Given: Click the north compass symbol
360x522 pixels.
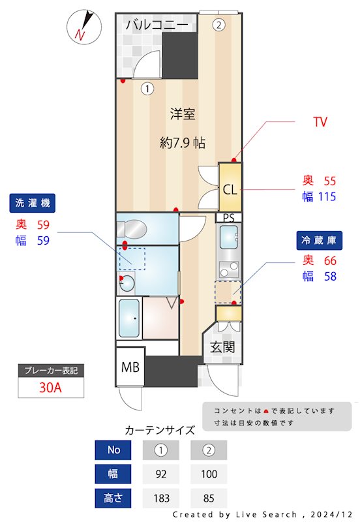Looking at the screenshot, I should tap(83, 27).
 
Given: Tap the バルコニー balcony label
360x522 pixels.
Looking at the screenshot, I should tap(157, 25).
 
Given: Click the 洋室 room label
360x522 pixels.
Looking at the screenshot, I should tap(183, 114).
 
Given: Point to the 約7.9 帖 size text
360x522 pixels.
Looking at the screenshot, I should tap(183, 142).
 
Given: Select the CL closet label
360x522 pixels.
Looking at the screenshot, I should tap(230, 190).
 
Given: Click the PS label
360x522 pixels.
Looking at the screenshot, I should tap(228, 217).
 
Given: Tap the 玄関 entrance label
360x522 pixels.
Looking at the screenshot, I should tap(222, 347).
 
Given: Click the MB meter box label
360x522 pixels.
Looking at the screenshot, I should tap(130, 367).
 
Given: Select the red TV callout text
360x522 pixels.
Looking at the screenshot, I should tap(320, 122).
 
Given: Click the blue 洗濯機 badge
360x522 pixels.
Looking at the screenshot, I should tap(33, 203).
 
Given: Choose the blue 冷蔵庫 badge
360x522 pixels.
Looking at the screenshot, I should tap(320, 240).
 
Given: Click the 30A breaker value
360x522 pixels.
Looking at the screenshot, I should tap(50, 388).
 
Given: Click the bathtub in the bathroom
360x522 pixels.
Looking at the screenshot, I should tap(129, 318).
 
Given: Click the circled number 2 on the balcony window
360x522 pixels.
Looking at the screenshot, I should tap(218, 25).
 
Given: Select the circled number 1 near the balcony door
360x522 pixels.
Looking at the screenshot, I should tap(148, 87).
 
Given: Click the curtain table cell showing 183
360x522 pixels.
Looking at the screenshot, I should tap(162, 498).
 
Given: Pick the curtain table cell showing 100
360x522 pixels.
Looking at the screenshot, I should tap(209, 474).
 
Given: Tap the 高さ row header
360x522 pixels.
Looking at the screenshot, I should tap(114, 498).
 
